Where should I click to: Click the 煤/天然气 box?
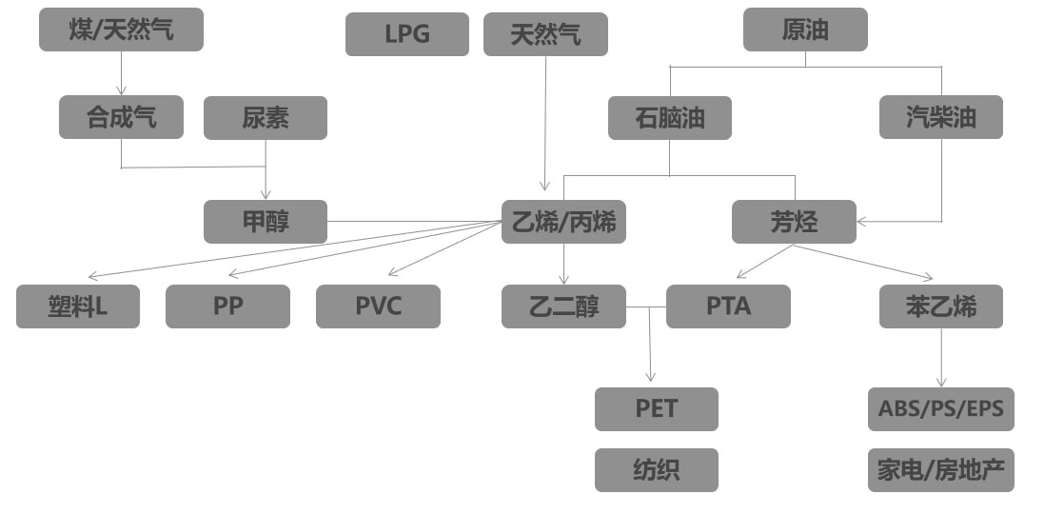[x=121, y=30]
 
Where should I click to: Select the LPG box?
[x=407, y=34]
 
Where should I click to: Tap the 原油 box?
[x=805, y=30]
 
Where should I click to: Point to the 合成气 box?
[x=121, y=117]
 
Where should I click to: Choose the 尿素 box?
[x=266, y=117]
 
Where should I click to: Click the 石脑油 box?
[x=670, y=117]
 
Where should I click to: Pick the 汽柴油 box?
[x=940, y=117]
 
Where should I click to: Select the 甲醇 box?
[x=266, y=222]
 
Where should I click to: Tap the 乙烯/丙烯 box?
[x=564, y=222]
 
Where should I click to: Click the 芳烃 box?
[x=794, y=222]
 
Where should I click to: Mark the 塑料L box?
[x=78, y=306]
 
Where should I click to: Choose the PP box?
[x=227, y=306]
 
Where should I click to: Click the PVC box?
[x=378, y=306]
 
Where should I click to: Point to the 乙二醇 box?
[x=564, y=306]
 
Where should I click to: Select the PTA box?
[x=728, y=306]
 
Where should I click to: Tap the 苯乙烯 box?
[x=940, y=306]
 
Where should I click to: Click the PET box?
[x=657, y=408]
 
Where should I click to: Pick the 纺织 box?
[x=657, y=470]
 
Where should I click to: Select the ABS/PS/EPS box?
[x=940, y=408]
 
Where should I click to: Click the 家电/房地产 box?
[x=940, y=470]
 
